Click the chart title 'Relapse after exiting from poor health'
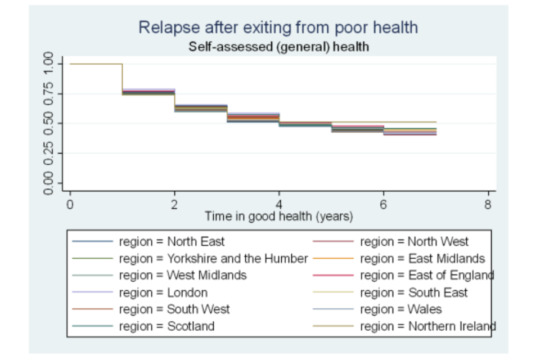tap(278, 27)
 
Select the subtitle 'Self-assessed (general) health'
tap(278, 47)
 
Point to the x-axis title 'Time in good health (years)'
tap(278, 215)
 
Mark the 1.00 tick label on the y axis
tap(49, 64)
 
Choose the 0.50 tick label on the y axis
tap(49, 123)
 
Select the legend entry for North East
tap(172, 242)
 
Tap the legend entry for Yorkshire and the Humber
tap(213, 259)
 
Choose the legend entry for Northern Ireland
tap(427, 326)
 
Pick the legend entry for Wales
tap(400, 309)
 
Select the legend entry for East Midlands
tap(422, 259)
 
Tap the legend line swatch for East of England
tap(333, 276)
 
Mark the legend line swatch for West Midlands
tap(92, 276)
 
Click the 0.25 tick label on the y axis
tap(49, 153)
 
